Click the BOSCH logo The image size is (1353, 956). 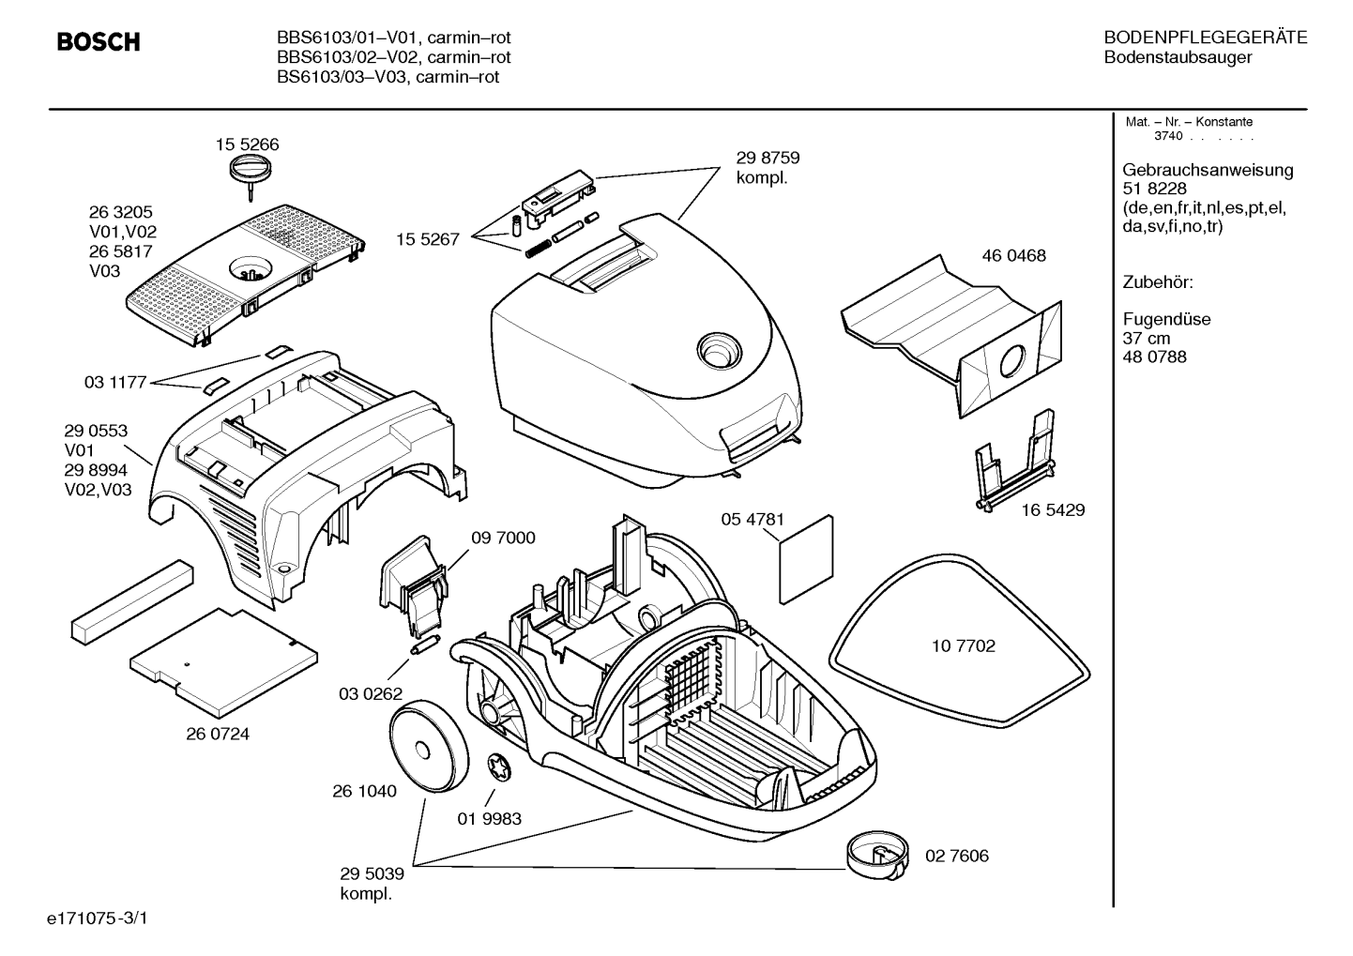pyautogui.click(x=99, y=41)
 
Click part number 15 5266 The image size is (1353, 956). pyautogui.click(x=248, y=144)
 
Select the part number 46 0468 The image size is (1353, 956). pyautogui.click(x=1014, y=255)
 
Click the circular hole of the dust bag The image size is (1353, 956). pyautogui.click(x=1011, y=362)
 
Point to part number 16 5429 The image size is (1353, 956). pyautogui.click(x=1054, y=510)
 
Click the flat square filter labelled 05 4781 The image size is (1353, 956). pyautogui.click(x=806, y=559)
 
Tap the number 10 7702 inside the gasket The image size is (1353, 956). pyautogui.click(x=964, y=646)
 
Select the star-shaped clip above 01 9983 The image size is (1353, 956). pyautogui.click(x=499, y=768)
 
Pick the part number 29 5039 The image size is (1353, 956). pyautogui.click(x=372, y=873)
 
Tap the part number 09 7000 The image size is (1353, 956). pyautogui.click(x=503, y=538)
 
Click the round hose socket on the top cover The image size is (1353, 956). pyautogui.click(x=718, y=350)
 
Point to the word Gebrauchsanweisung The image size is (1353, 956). pyautogui.click(x=1209, y=170)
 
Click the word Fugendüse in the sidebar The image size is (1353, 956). pyautogui.click(x=1167, y=319)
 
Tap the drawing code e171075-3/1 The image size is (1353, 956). pyautogui.click(x=98, y=918)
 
